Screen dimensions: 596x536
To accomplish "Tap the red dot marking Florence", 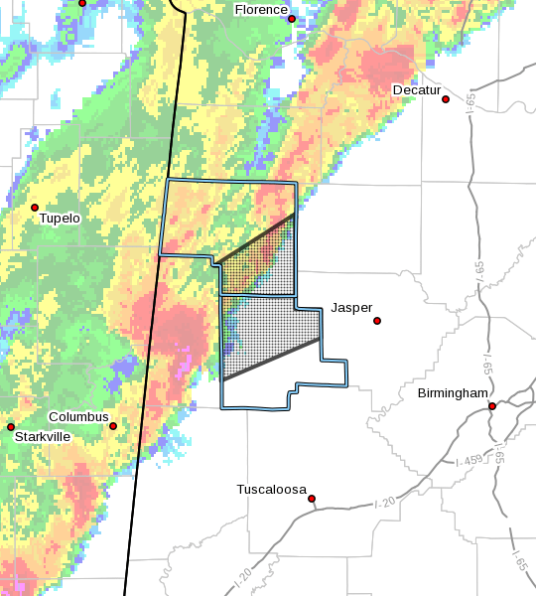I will pyautogui.click(x=292, y=19).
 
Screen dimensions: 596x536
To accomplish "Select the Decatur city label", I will pyautogui.click(x=416, y=90).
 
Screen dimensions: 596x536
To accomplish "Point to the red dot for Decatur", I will pyautogui.click(x=447, y=99).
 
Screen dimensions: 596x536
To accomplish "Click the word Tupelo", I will pyautogui.click(x=60, y=219).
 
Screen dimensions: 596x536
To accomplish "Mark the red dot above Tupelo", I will pyautogui.click(x=35, y=208).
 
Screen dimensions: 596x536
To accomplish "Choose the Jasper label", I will pyautogui.click(x=351, y=308).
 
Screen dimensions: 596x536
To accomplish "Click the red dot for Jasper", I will pyautogui.click(x=377, y=321).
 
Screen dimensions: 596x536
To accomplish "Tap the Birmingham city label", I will pyautogui.click(x=453, y=393).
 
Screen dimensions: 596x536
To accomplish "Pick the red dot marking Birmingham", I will pyautogui.click(x=492, y=405).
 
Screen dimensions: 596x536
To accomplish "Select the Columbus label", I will pyautogui.click(x=78, y=417).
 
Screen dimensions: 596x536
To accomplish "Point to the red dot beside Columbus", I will pyautogui.click(x=113, y=426).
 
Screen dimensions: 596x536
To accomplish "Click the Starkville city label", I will pyautogui.click(x=42, y=436).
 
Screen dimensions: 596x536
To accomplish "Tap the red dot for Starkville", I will pyautogui.click(x=11, y=427).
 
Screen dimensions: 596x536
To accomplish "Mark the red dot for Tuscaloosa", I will pyautogui.click(x=312, y=499).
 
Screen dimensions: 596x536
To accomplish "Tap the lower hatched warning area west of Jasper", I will pyautogui.click(x=268, y=333).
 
